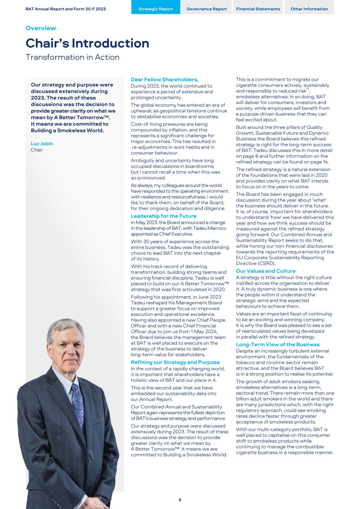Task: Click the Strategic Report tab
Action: [x=156, y=9]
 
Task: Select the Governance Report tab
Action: [x=206, y=9]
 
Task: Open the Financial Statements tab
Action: [x=258, y=9]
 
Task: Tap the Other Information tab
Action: [x=309, y=9]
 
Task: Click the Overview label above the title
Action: [x=41, y=28]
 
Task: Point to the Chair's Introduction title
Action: [x=87, y=43]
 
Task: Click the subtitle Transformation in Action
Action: [x=72, y=57]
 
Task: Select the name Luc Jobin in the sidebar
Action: [x=42, y=144]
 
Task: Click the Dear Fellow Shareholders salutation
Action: [x=164, y=79]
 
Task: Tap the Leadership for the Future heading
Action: [x=163, y=216]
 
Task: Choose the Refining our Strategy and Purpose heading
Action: [x=175, y=362]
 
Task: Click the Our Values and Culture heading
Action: [x=265, y=271]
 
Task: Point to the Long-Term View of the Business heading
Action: [x=278, y=345]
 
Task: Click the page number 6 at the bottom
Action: [x=180, y=500]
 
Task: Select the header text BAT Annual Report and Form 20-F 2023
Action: [x=66, y=9]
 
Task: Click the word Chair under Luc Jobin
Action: [x=37, y=150]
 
